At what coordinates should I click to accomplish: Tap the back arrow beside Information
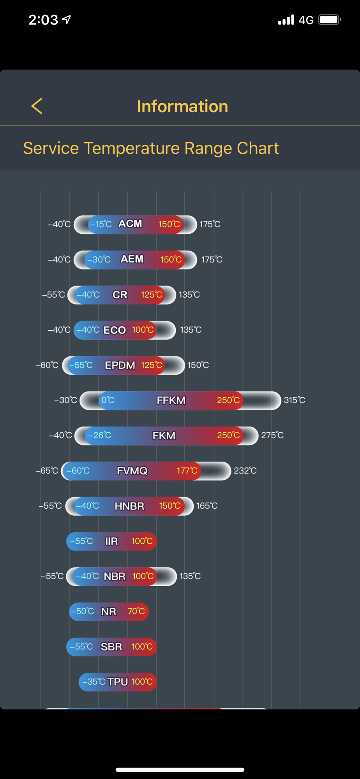pyautogui.click(x=37, y=106)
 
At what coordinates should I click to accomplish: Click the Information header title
pyautogui.click(x=182, y=106)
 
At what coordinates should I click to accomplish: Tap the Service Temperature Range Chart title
pyautogui.click(x=151, y=148)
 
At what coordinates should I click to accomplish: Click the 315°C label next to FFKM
pyautogui.click(x=295, y=400)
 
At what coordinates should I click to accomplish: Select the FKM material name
pyautogui.click(x=164, y=435)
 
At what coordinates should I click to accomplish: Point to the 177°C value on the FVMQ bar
pyautogui.click(x=187, y=471)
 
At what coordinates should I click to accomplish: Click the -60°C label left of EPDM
pyautogui.click(x=47, y=365)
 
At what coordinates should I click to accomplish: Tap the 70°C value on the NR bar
pyautogui.click(x=136, y=611)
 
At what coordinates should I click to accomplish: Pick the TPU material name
pyautogui.click(x=118, y=682)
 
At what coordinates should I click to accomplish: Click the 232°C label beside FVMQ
pyautogui.click(x=245, y=471)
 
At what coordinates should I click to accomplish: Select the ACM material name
pyautogui.click(x=130, y=224)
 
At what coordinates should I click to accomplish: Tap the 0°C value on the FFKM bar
pyautogui.click(x=108, y=400)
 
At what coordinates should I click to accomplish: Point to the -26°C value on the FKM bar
pyautogui.click(x=100, y=435)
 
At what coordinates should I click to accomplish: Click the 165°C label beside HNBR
pyautogui.click(x=207, y=506)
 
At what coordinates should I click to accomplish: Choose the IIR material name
pyautogui.click(x=111, y=541)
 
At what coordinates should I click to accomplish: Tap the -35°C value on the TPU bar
pyautogui.click(x=94, y=682)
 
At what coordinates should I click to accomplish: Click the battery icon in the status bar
pyautogui.click(x=330, y=19)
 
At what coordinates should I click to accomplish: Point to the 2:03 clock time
pyautogui.click(x=43, y=20)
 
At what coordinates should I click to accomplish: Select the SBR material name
pyautogui.click(x=111, y=647)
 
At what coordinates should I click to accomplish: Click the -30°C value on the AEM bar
pyautogui.click(x=99, y=259)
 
